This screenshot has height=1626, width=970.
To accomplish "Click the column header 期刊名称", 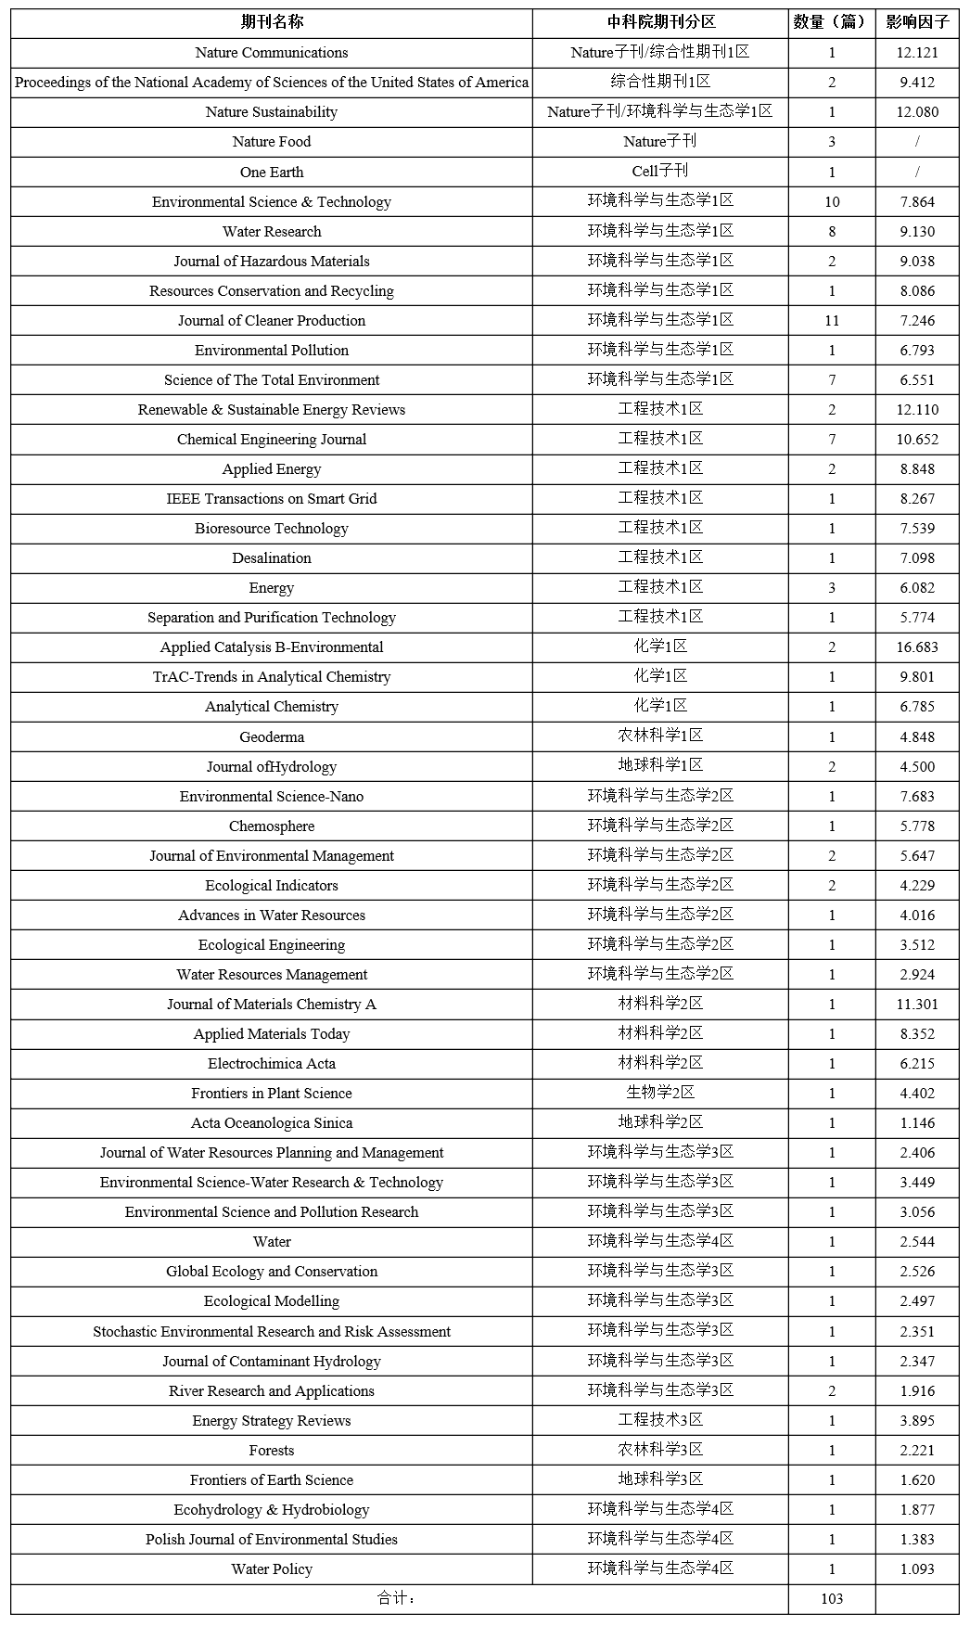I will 271,22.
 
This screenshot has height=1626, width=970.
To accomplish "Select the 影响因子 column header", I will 917,22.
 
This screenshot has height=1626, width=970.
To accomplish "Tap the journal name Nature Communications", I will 271,53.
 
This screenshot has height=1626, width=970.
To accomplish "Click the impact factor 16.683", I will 917,647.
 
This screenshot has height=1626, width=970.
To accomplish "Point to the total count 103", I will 832,1598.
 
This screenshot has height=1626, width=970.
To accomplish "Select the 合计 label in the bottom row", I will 397,1598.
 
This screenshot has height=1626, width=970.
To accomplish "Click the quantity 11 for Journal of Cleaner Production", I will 832,321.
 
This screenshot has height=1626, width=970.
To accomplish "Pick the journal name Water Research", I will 271,232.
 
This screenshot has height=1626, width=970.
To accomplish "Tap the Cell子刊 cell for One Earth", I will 659,172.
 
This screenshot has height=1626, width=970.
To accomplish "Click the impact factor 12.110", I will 917,410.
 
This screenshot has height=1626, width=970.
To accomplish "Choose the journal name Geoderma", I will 271,737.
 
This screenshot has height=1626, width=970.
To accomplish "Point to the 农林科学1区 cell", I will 659,736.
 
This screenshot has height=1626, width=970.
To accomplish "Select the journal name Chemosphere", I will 271,826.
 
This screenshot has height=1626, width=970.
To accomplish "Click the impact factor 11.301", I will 917,1005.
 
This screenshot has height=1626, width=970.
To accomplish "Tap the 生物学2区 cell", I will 659,1094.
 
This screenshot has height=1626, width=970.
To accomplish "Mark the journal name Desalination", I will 271,558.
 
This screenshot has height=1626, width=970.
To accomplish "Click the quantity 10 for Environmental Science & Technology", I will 832,202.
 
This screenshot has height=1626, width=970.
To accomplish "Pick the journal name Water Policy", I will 271,1569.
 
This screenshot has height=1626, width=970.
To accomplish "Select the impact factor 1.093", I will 917,1569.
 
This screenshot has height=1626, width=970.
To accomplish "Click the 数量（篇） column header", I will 831,22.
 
